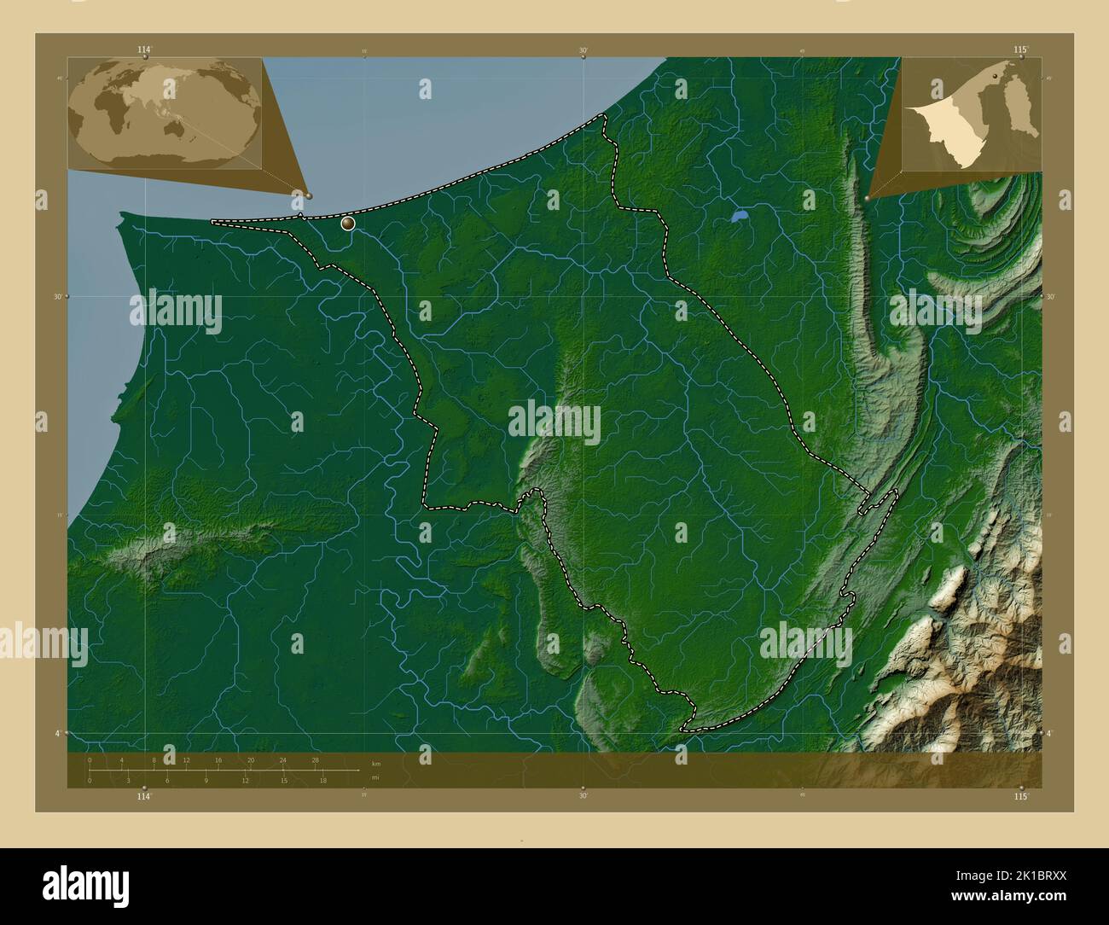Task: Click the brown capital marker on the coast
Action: coord(347,224)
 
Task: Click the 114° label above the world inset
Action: coord(144,50)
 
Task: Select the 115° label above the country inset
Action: coord(1020,50)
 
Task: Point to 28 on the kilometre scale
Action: coord(316,759)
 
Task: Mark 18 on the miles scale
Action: coord(322,780)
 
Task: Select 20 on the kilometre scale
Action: coord(251,759)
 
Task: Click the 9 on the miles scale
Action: coord(206,780)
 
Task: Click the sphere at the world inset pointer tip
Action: coord(308,195)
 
